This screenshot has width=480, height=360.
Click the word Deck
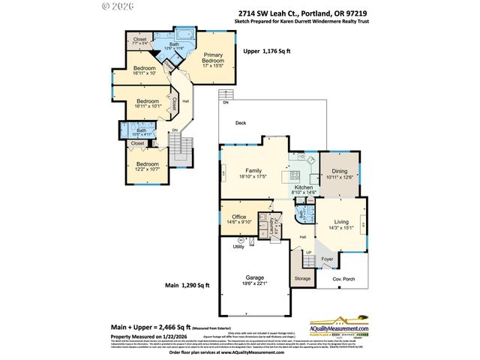pos(241,123)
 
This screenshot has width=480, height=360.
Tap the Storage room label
pos(302,279)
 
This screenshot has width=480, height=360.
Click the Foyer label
pos(327,260)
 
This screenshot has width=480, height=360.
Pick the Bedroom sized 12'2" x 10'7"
pos(147,163)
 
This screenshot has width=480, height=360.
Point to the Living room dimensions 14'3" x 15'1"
pos(341,227)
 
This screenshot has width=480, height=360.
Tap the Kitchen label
pos(303,187)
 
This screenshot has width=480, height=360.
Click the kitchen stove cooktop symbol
pos(285,177)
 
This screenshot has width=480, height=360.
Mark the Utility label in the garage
pos(238,246)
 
